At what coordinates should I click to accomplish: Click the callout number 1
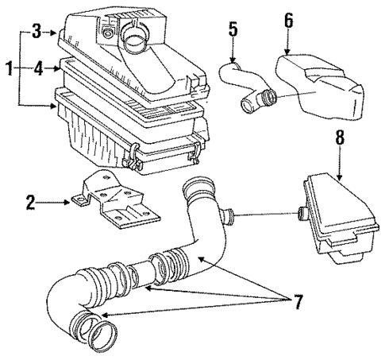(x=7, y=70)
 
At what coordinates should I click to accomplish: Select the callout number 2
(x=30, y=203)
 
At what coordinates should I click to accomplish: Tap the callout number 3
(x=35, y=33)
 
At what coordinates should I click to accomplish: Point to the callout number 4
(x=35, y=70)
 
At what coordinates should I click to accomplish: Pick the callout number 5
(x=233, y=29)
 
